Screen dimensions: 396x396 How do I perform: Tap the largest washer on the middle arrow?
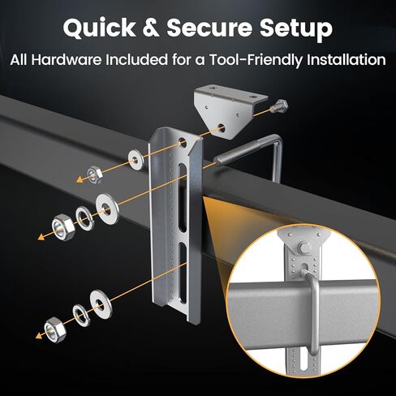107,201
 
